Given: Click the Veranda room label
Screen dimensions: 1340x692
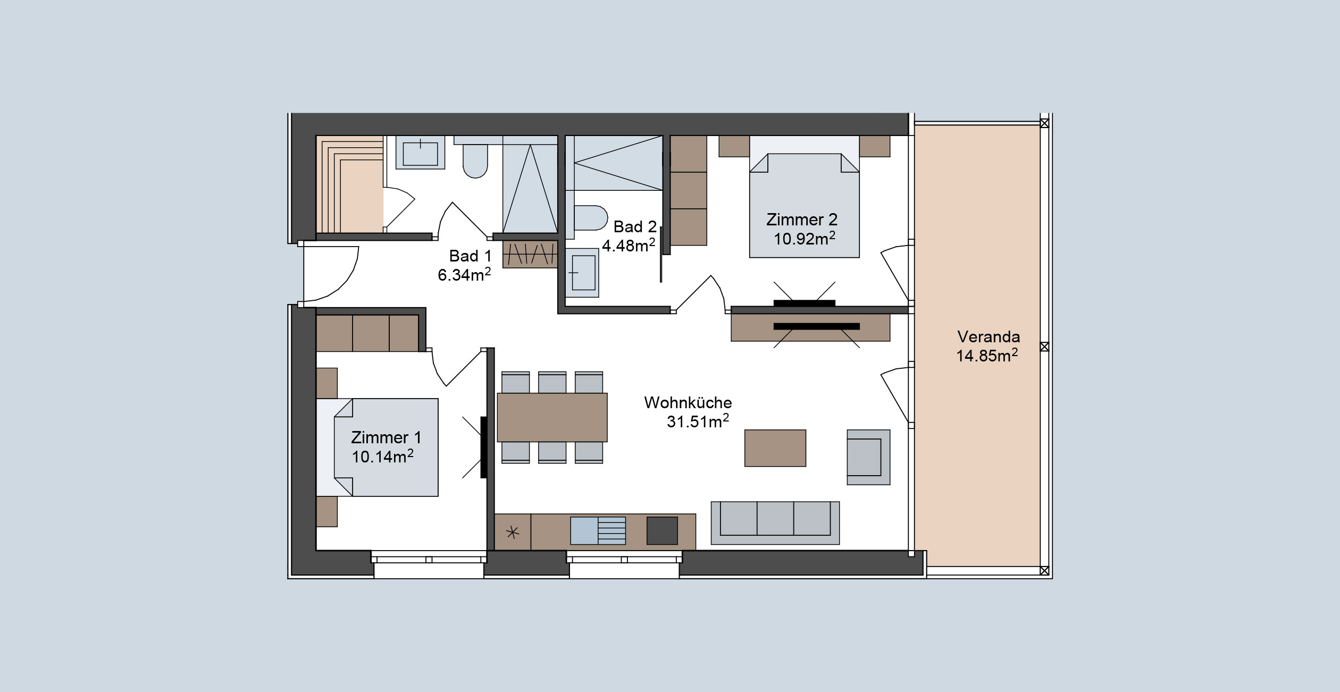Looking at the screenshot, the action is click(989, 337).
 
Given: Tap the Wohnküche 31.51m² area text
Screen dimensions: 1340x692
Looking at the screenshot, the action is click(688, 412).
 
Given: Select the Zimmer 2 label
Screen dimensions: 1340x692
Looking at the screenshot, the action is click(802, 220).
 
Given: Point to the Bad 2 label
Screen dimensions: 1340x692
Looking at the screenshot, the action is click(635, 227).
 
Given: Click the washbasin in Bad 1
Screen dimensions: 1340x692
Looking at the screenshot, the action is click(420, 153).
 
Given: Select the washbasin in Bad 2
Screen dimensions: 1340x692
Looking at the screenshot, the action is click(582, 272).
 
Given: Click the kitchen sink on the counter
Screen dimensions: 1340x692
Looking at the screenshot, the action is click(598, 530).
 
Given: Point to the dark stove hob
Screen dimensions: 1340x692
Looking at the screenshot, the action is click(662, 530).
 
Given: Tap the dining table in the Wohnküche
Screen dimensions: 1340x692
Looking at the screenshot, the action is click(552, 417).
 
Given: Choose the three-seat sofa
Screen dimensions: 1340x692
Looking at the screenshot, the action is click(775, 523).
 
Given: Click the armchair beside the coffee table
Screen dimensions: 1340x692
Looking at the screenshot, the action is click(868, 457).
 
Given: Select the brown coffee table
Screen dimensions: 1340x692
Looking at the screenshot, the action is click(775, 448).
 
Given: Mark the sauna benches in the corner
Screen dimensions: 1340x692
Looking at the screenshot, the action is click(350, 184).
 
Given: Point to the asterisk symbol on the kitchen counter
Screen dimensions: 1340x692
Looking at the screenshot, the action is click(513, 532).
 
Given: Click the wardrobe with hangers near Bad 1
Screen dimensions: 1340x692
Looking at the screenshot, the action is click(530, 254).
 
